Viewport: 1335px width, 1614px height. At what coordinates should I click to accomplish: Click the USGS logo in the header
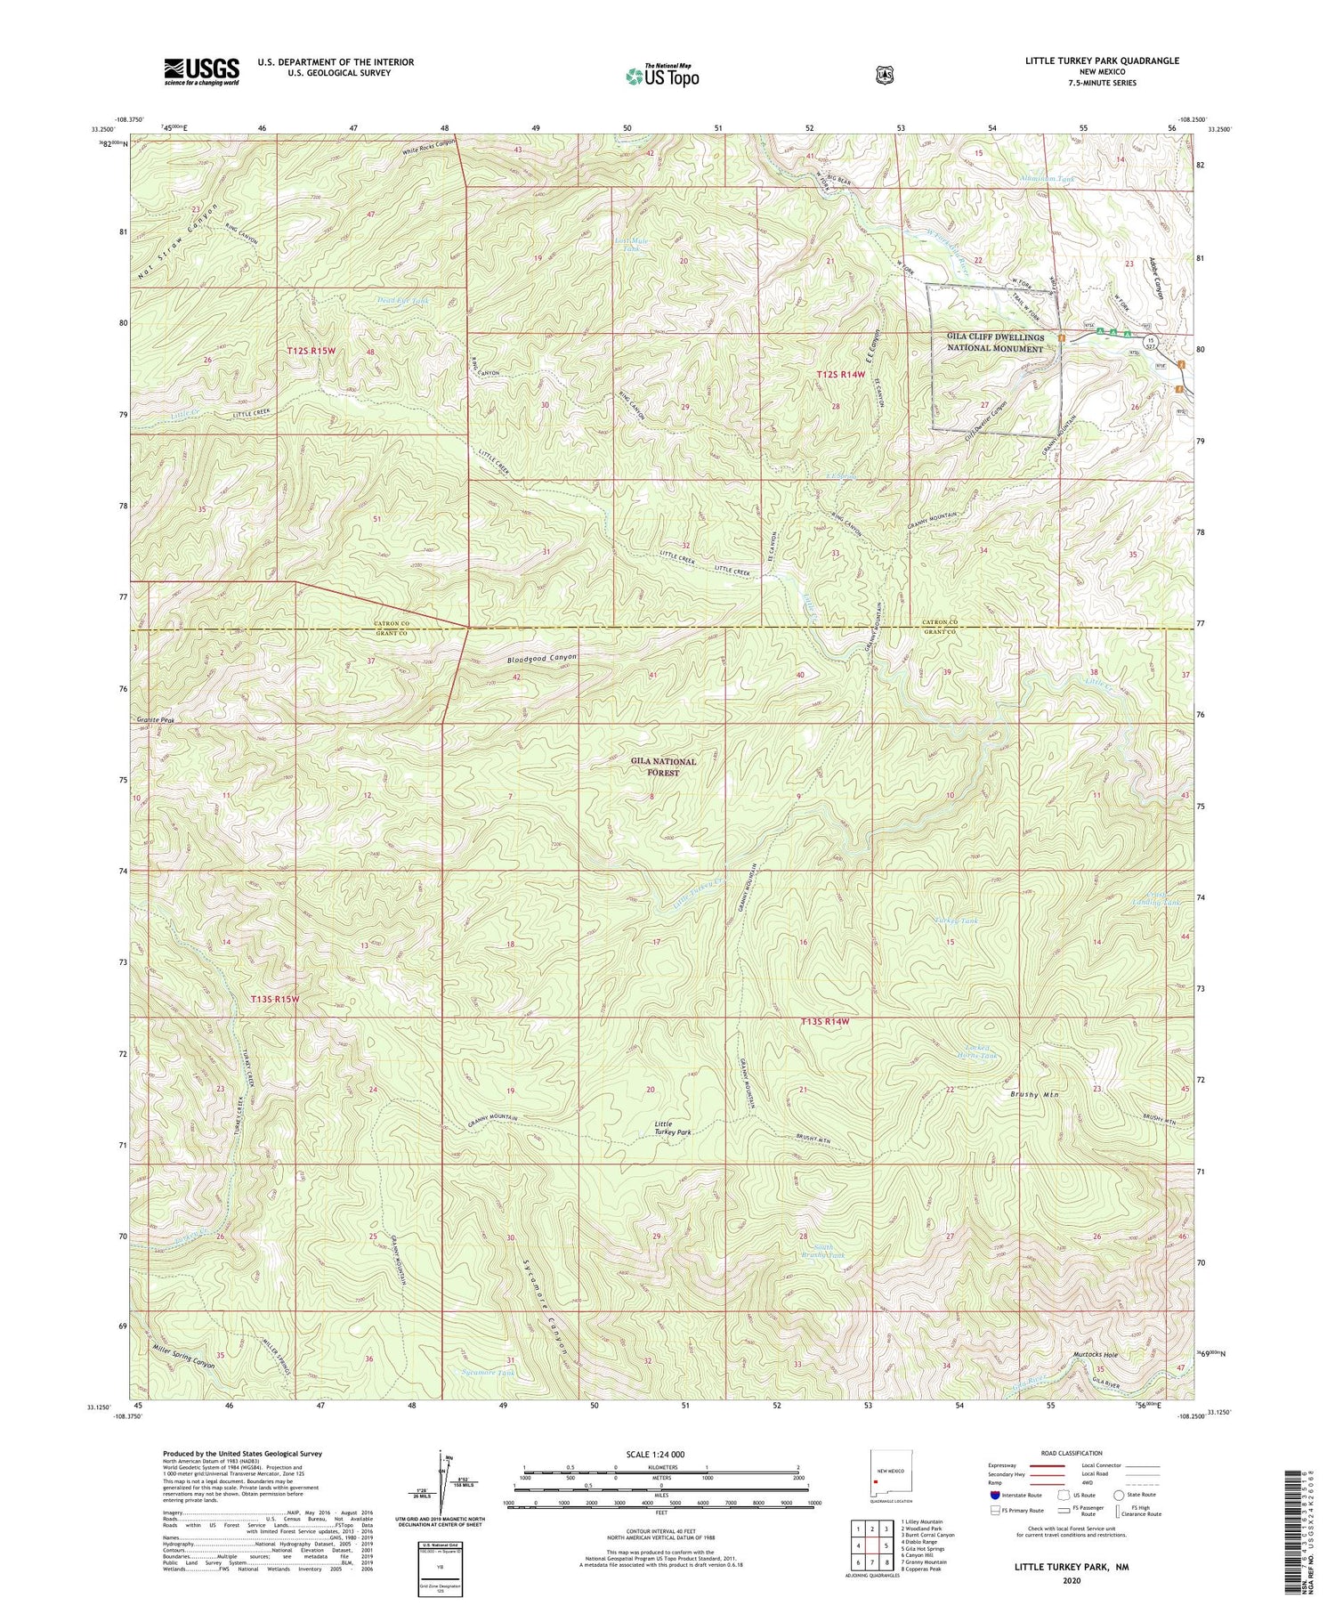point(201,71)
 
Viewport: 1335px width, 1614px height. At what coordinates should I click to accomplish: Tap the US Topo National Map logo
point(662,75)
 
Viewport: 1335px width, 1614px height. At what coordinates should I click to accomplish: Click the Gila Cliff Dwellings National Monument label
point(995,344)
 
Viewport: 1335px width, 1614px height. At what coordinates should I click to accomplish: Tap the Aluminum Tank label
point(1048,179)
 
